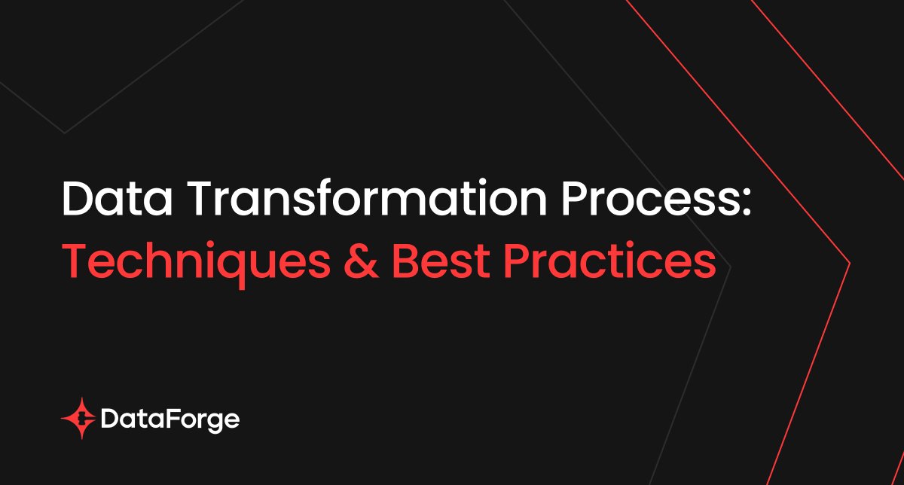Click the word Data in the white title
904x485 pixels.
117,199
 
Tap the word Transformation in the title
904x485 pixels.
366,198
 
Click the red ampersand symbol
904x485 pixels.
361,261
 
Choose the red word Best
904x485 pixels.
441,261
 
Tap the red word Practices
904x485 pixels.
609,261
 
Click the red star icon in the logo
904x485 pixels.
81,419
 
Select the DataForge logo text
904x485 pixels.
170,420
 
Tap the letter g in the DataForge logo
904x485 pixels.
211,424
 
